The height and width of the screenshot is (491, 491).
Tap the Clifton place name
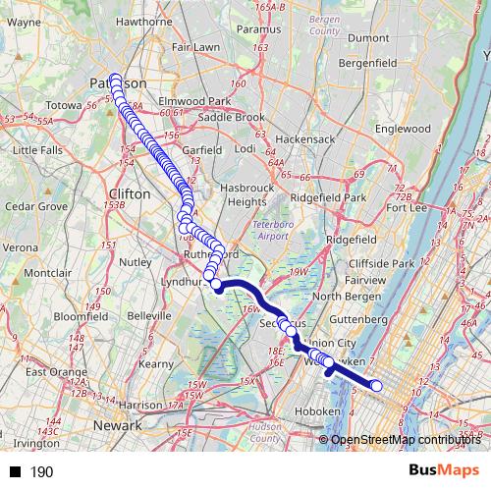point(131,194)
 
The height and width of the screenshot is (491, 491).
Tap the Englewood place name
point(403,128)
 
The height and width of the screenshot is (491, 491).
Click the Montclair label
point(48,272)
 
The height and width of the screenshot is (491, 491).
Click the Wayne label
point(24,21)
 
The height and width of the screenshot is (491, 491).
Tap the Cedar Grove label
point(33,207)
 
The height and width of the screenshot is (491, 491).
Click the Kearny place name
point(157,363)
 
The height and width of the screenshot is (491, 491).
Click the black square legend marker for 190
point(15,472)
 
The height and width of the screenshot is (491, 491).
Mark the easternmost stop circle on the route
point(376,386)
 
